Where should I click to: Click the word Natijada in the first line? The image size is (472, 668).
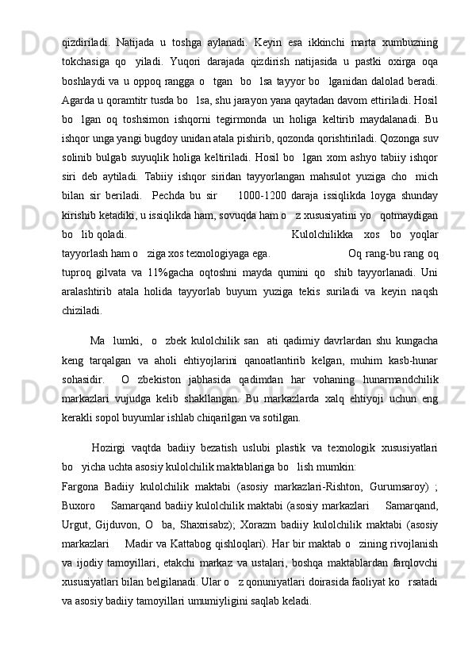click(x=136, y=40)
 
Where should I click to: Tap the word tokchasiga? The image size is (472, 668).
click(x=90, y=61)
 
